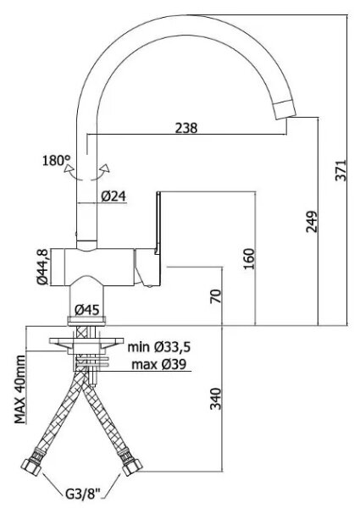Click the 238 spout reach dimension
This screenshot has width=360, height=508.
186,128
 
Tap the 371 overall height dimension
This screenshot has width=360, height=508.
341,170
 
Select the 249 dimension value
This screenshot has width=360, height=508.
312,222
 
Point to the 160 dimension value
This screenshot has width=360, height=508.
249,258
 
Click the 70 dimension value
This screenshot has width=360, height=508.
216,295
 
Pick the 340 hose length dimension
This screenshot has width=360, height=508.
215,399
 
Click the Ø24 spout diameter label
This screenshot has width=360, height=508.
114,196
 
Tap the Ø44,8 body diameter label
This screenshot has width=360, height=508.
42,267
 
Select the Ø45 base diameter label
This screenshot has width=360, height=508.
87,310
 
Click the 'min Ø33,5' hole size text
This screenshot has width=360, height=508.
159,347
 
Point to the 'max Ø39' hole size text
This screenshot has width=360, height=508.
159,364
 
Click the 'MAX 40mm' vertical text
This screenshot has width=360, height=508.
20,389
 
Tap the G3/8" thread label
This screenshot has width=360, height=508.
83,494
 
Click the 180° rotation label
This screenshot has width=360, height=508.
56,160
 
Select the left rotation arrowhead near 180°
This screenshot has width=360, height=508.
69,168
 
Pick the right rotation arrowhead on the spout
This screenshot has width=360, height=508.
105,168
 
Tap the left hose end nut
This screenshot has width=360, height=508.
32,464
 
